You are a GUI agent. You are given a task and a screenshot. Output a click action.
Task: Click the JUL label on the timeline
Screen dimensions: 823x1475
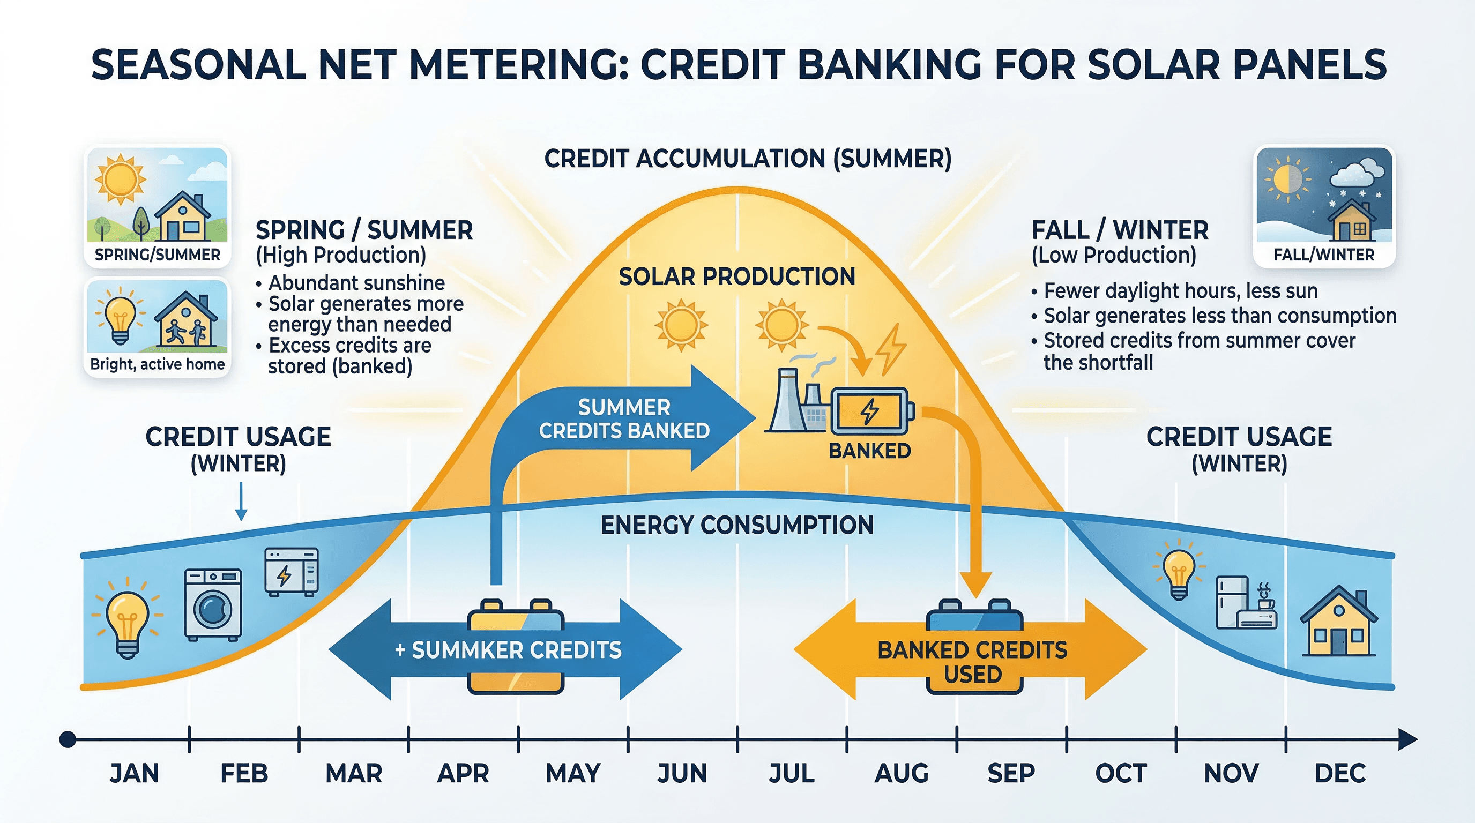[791, 773]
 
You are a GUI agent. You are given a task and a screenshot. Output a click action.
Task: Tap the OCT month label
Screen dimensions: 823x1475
[1121, 773]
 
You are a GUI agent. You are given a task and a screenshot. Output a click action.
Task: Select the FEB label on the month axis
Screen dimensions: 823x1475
[244, 773]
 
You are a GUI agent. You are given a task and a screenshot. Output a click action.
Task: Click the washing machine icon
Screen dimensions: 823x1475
[213, 604]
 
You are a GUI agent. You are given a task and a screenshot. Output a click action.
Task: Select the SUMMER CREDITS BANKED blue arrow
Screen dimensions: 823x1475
[624, 419]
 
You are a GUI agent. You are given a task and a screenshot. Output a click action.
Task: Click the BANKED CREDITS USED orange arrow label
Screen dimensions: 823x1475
[972, 662]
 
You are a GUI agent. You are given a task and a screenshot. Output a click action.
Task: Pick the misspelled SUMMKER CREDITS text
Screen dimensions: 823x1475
[509, 650]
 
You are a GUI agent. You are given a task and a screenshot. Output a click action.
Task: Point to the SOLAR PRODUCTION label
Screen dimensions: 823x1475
[737, 277]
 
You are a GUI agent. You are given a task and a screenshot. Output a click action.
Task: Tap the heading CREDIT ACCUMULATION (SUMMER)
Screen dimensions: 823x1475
[747, 159]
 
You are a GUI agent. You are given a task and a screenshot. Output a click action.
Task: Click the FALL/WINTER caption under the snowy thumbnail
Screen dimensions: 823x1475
[1323, 255]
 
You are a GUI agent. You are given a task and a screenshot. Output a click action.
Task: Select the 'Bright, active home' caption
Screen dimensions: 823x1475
[157, 364]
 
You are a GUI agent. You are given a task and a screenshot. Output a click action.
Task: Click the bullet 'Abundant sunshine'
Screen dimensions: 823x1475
[356, 283]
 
